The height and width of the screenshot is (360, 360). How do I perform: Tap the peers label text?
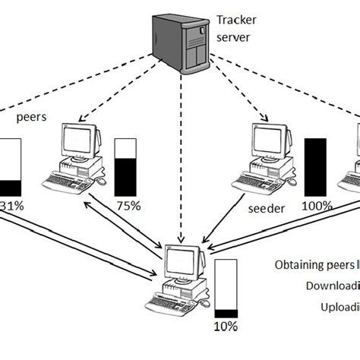click(32, 118)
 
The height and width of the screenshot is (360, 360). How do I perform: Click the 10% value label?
click(226, 327)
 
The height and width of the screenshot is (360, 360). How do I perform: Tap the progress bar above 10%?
click(226, 289)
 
